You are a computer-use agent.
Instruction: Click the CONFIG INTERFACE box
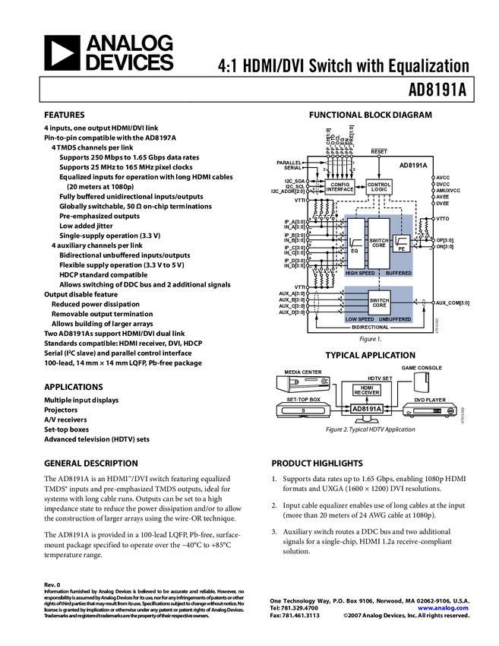[x=340, y=187]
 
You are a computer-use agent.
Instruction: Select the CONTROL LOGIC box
[x=379, y=187]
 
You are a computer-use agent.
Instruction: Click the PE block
[x=402, y=244]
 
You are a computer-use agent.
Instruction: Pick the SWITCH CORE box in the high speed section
[x=379, y=243]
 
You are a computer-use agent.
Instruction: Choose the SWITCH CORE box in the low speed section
[x=379, y=302]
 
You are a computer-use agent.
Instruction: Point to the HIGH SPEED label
[x=360, y=273]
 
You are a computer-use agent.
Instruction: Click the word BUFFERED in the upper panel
[x=398, y=273]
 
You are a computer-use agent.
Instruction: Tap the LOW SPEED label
[x=358, y=319]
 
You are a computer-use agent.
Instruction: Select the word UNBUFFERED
[x=395, y=319]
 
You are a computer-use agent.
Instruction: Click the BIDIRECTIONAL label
[x=371, y=328]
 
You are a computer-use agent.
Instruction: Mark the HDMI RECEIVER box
[x=367, y=391]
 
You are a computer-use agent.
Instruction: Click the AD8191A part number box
[x=367, y=409]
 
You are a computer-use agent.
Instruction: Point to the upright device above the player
[x=421, y=382]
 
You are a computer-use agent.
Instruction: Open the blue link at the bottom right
[x=443, y=608]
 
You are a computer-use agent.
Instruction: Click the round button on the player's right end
[x=451, y=411]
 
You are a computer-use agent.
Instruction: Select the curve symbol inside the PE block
[x=402, y=241]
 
